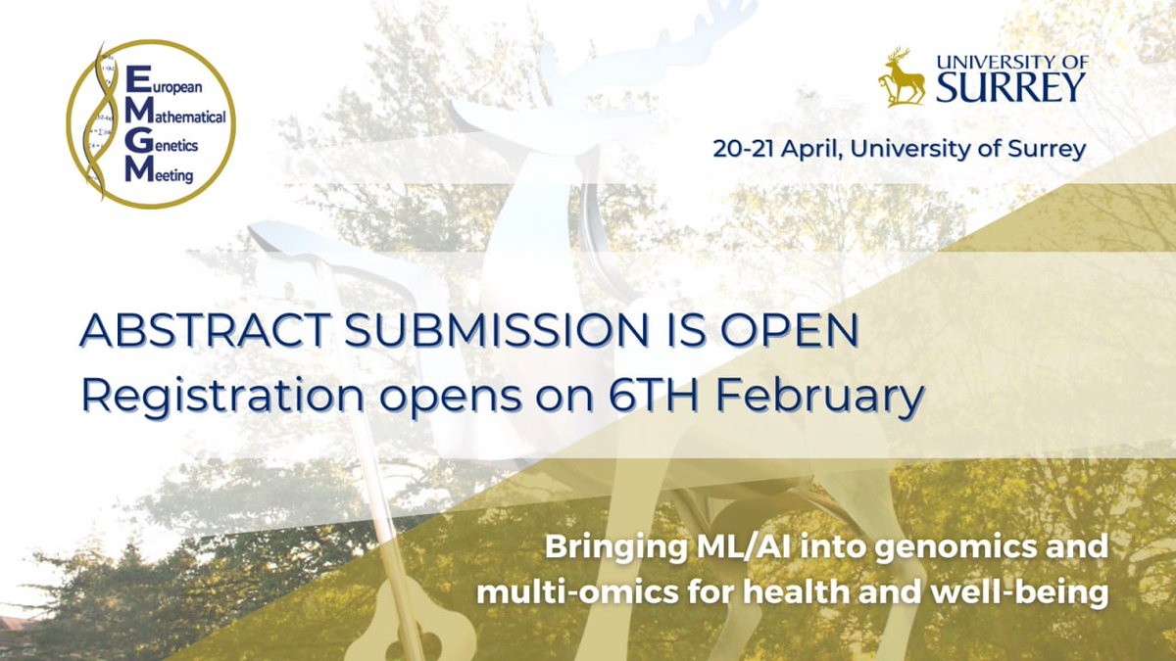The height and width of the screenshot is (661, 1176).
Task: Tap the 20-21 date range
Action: point(749,150)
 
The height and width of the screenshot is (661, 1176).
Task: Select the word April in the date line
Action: point(819,150)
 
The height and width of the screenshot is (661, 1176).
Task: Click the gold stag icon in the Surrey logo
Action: point(902,76)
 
